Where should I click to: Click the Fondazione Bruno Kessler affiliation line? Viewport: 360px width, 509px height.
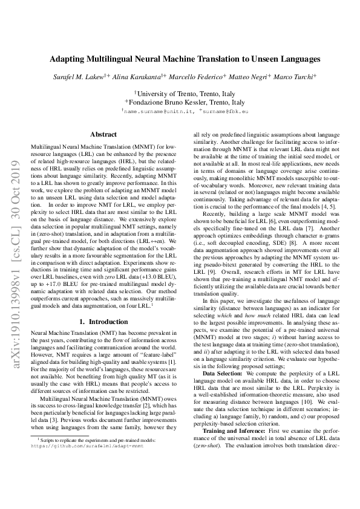tap(184, 102)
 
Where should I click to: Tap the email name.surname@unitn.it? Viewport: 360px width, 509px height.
tap(154, 112)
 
